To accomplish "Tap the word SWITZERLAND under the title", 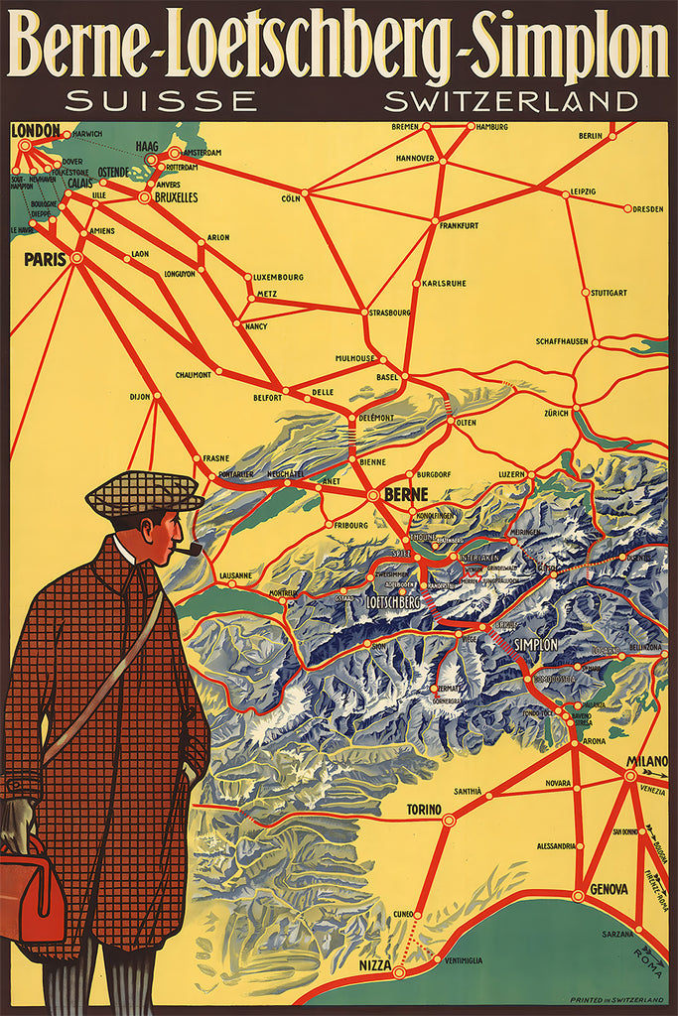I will pyautogui.click(x=510, y=100).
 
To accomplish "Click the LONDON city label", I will pyautogui.click(x=35, y=130).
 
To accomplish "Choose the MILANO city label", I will pyautogui.click(x=646, y=761).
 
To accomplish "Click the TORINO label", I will pyautogui.click(x=424, y=810).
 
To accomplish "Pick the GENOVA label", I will pyautogui.click(x=609, y=889).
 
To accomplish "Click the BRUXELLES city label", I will pyautogui.click(x=175, y=197).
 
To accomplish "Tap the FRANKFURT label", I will pyautogui.click(x=458, y=225).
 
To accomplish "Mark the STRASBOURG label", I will pyautogui.click(x=390, y=313).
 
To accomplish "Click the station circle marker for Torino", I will pyautogui.click(x=449, y=821).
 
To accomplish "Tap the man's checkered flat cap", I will pyautogui.click(x=143, y=492).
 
